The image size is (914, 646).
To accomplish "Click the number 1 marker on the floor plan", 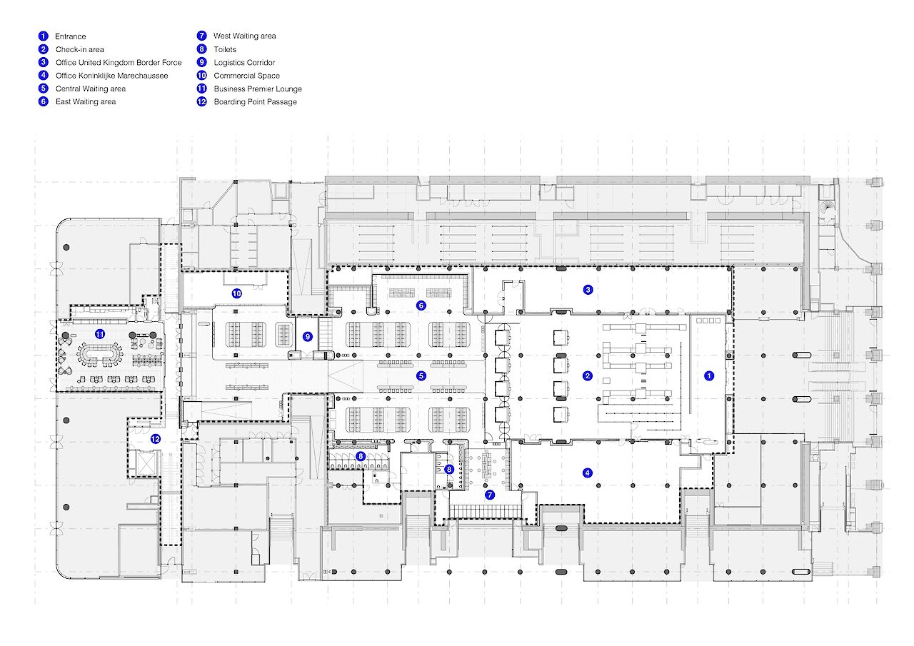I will tap(709, 375).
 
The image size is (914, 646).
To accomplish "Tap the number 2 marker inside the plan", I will tap(587, 375).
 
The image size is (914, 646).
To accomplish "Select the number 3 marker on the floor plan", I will tap(588, 290).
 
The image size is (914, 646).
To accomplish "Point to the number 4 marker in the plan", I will tap(587, 473).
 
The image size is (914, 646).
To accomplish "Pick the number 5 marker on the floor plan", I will tap(421, 375).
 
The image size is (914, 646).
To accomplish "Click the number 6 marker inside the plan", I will tap(421, 306).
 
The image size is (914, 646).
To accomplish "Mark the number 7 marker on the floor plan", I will tap(490, 494).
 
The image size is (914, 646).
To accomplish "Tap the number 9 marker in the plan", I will tap(308, 336).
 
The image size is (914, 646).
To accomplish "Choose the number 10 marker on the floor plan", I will tap(236, 293).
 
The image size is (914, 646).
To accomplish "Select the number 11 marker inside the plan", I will tap(100, 334).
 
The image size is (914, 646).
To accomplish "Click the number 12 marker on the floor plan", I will tap(155, 440).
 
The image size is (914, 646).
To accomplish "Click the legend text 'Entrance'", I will tap(71, 36).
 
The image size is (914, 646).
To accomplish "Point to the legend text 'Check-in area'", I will tap(79, 50).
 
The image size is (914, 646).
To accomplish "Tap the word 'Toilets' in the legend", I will tap(225, 50).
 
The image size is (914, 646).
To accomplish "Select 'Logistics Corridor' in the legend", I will tap(244, 63).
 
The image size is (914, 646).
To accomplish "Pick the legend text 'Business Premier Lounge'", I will tap(258, 89).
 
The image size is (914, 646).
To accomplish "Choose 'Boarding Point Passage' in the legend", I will tap(255, 102).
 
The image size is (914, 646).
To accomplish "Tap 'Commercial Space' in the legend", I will tap(246, 76).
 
